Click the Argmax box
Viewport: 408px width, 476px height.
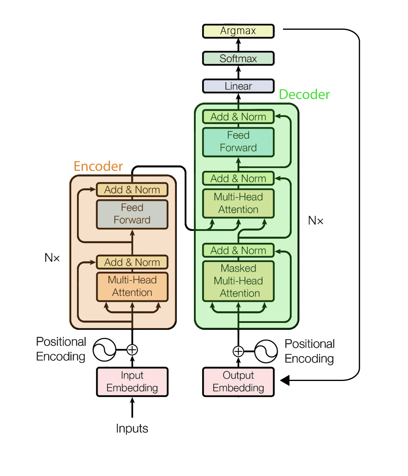pyautogui.click(x=238, y=31)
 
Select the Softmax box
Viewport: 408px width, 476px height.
pyautogui.click(x=238, y=58)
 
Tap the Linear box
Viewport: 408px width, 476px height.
pyautogui.click(x=238, y=86)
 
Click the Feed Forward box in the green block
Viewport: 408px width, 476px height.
pyautogui.click(x=238, y=142)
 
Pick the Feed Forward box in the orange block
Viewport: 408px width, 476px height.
pyautogui.click(x=132, y=214)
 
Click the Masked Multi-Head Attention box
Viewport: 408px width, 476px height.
pyautogui.click(x=238, y=281)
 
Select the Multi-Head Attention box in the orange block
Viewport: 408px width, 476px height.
pyautogui.click(x=132, y=286)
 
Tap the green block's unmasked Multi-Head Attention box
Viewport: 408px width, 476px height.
pyautogui.click(x=238, y=203)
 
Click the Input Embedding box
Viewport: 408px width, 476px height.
pyautogui.click(x=132, y=381)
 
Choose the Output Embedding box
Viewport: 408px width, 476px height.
pyautogui.click(x=238, y=381)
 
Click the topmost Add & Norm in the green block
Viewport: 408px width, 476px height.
pyautogui.click(x=238, y=117)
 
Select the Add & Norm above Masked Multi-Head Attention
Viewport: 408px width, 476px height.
pyautogui.click(x=238, y=250)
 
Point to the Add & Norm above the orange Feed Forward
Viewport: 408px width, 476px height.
pyautogui.click(x=132, y=190)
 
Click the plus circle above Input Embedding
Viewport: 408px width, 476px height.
pyautogui.click(x=132, y=350)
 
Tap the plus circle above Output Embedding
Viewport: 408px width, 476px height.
pyautogui.click(x=238, y=351)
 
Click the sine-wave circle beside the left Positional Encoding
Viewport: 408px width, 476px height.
pyautogui.click(x=104, y=350)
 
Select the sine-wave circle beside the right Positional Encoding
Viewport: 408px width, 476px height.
pyautogui.click(x=266, y=351)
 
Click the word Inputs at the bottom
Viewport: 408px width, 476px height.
pyautogui.click(x=132, y=428)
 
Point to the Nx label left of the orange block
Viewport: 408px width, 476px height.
pyautogui.click(x=52, y=257)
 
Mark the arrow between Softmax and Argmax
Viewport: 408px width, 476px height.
pyautogui.click(x=238, y=45)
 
